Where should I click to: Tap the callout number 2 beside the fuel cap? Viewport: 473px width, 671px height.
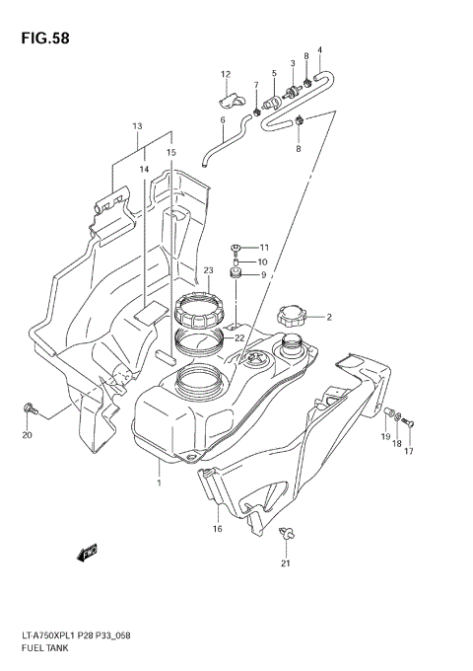[329, 318]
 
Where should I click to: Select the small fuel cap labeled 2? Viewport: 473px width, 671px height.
[292, 317]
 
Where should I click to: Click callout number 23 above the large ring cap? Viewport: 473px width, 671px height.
[209, 269]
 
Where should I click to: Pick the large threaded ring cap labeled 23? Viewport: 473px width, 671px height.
[202, 309]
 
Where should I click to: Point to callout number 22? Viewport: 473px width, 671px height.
[238, 337]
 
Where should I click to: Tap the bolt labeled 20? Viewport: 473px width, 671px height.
[29, 407]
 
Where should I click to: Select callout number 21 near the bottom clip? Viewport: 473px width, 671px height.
[286, 564]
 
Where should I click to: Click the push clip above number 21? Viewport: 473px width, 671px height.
[285, 535]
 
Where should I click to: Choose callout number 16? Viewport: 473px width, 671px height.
[217, 529]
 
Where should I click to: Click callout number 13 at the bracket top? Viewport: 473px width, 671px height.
[138, 126]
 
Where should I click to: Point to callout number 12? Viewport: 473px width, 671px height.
[225, 74]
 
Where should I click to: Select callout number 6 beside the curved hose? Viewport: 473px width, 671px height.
[223, 120]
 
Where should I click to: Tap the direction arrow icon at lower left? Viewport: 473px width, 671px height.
[91, 553]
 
